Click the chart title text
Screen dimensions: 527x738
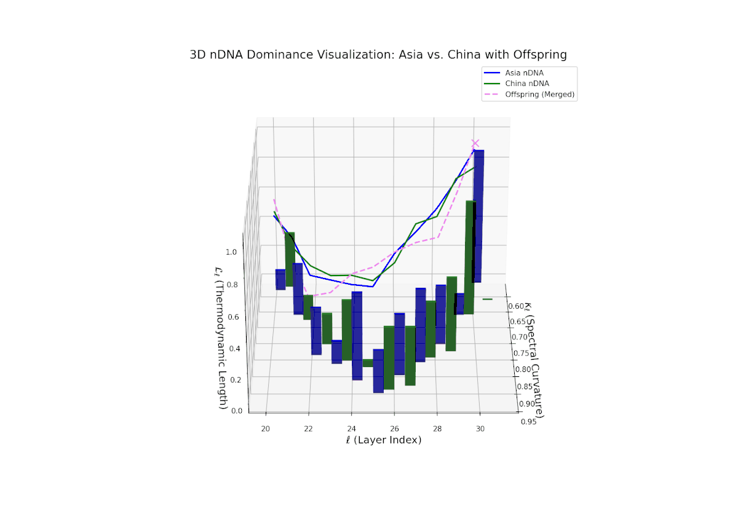(378, 55)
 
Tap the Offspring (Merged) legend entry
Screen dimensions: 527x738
(540, 95)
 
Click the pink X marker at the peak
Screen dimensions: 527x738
(475, 143)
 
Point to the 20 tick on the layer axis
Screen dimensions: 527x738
(266, 428)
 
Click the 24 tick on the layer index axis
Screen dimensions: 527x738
(351, 428)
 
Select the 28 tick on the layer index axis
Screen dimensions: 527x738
(437, 428)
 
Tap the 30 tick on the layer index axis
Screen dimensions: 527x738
(480, 428)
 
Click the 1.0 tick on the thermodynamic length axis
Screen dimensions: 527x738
(231, 252)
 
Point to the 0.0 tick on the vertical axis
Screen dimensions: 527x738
(236, 411)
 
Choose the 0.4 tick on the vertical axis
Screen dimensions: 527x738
(234, 348)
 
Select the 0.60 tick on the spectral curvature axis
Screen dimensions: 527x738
(515, 306)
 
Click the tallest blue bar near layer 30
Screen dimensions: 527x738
(478, 215)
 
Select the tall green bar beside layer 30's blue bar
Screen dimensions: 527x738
(469, 258)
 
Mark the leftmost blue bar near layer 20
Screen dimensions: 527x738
(280, 279)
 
